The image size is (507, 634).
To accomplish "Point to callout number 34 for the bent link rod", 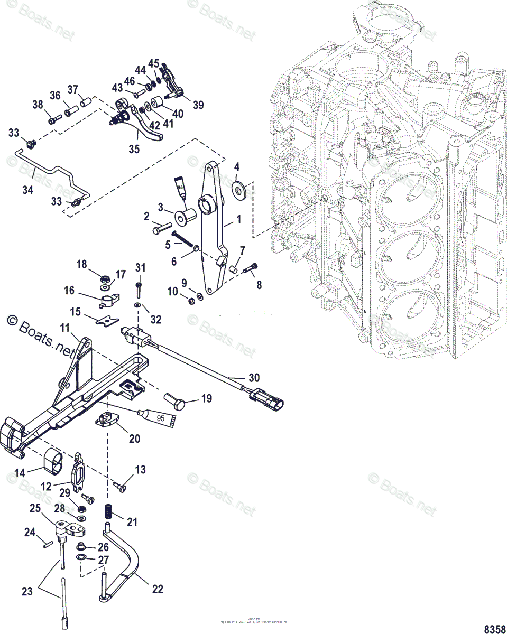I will point(27,189).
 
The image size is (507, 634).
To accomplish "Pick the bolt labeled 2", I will point(163,230).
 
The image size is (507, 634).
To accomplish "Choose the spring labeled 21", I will point(109,511).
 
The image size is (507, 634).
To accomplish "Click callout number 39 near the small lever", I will point(198,105).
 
